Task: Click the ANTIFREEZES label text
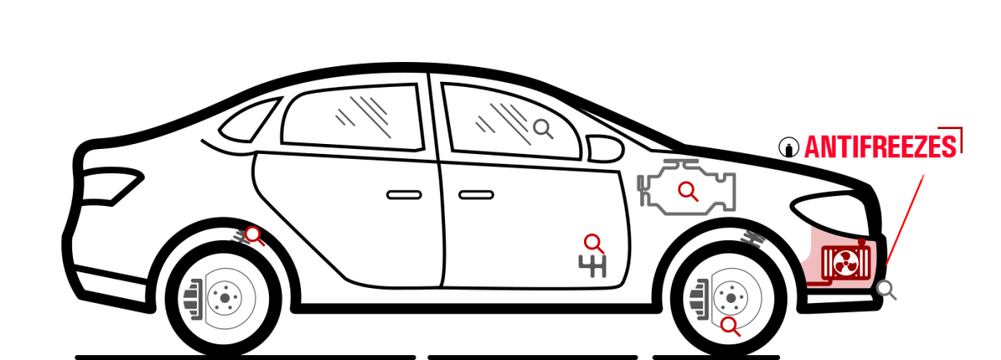pos(880,146)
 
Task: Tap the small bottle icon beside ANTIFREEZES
pos(788,147)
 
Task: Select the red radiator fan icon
pos(845,262)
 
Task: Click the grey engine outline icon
pos(687,187)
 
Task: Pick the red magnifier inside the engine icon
pos(687,191)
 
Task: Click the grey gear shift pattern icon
pos(592,266)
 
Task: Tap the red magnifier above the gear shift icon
pos(594,244)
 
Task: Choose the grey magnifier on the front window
pos(543,129)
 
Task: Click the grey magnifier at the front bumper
pos(886,290)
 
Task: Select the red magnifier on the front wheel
pos(730,326)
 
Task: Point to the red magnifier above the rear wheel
pos(254,236)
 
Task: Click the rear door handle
pos(404,195)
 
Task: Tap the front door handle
pos(476,195)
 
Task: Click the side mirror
pos(605,149)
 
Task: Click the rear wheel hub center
pos(224,298)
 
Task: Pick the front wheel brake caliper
pos(700,300)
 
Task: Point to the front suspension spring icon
pos(754,238)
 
